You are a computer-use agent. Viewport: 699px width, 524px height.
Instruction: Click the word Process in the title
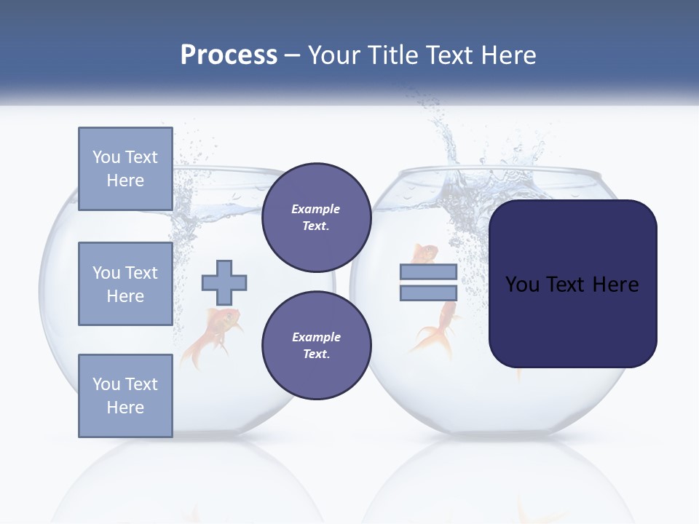click(229, 55)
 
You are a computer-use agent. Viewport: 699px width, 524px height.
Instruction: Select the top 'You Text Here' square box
click(125, 169)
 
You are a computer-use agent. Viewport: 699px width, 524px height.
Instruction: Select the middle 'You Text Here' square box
click(125, 284)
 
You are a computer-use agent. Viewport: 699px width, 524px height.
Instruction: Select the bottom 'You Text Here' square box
click(125, 396)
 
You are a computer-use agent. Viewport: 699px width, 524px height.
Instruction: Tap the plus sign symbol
click(224, 282)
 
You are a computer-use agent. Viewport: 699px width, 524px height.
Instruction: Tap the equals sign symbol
click(428, 282)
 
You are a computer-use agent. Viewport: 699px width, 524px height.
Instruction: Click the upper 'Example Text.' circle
click(316, 217)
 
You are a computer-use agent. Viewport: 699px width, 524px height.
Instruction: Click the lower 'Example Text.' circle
click(316, 345)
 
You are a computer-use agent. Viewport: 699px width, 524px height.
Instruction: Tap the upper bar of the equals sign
click(428, 272)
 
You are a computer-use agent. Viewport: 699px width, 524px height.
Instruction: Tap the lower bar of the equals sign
click(428, 293)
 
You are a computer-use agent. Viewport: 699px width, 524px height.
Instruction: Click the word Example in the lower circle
click(316, 337)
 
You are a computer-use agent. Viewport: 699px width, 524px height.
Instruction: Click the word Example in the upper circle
click(316, 209)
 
